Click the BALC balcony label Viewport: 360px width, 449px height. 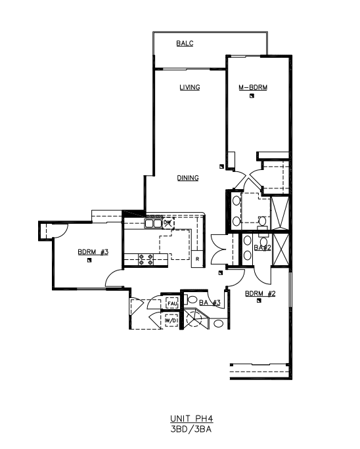(x=185, y=43)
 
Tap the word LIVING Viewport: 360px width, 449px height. (x=190, y=87)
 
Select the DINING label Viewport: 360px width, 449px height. (x=188, y=178)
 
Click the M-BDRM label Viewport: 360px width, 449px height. (x=253, y=87)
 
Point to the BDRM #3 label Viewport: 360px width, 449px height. (x=93, y=252)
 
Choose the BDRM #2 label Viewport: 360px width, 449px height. (x=260, y=293)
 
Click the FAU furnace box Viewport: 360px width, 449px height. (x=172, y=303)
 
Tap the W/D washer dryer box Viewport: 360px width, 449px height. (x=171, y=320)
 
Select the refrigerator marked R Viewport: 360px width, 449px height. (x=197, y=259)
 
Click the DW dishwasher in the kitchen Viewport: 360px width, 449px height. (x=168, y=223)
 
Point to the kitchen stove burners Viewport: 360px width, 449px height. (x=146, y=259)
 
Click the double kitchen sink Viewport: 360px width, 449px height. (x=153, y=223)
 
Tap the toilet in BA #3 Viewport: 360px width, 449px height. (x=191, y=299)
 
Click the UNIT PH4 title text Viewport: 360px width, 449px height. (x=192, y=419)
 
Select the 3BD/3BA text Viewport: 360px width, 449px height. (x=191, y=429)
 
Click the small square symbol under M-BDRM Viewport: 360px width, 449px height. (x=252, y=96)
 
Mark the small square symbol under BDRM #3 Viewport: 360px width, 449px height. (x=89, y=261)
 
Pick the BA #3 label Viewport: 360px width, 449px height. (x=210, y=303)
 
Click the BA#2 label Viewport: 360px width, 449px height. (x=262, y=247)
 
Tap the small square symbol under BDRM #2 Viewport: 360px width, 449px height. (x=259, y=301)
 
